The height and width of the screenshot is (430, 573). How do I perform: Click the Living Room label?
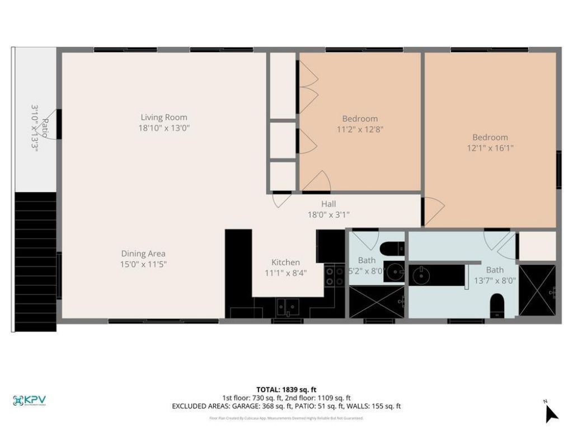(164, 118)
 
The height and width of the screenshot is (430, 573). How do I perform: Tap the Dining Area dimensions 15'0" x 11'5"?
(143, 264)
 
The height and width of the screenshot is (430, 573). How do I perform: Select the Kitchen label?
(285, 263)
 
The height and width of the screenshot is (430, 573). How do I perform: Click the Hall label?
(328, 204)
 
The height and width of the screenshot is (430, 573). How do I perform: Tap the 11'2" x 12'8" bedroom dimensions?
(360, 129)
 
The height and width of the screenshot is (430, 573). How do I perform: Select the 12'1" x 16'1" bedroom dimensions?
(490, 148)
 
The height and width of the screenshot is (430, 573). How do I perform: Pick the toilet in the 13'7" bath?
(496, 306)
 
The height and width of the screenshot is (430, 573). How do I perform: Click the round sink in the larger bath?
(420, 274)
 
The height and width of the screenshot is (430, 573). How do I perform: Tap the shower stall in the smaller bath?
(376, 302)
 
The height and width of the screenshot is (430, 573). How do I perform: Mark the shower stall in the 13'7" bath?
(537, 291)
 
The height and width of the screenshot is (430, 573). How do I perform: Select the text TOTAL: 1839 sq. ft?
(286, 389)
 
